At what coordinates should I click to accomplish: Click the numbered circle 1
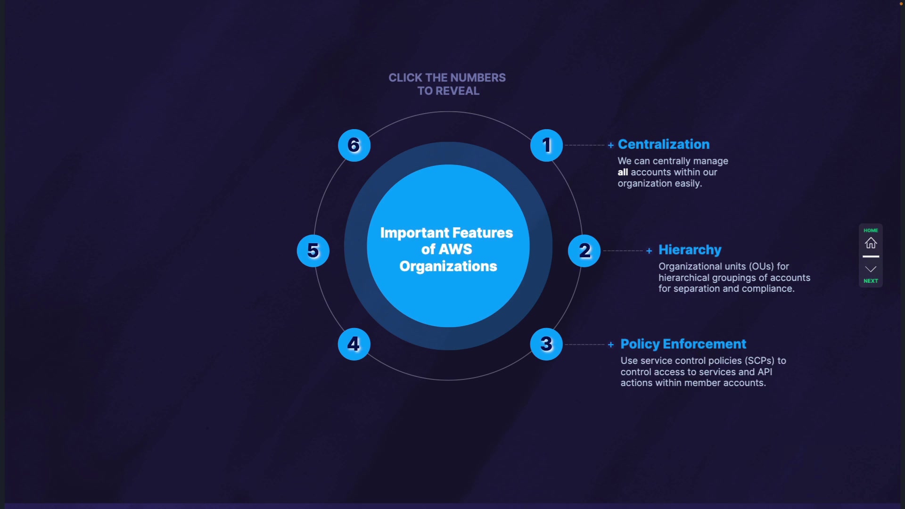click(x=546, y=145)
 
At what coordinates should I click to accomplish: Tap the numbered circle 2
click(x=584, y=251)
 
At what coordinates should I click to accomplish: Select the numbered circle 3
click(x=546, y=344)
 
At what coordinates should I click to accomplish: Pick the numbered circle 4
click(x=354, y=344)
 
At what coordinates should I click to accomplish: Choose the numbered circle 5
click(x=313, y=251)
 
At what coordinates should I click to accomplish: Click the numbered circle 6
click(x=354, y=145)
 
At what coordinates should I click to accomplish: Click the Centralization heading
click(x=664, y=144)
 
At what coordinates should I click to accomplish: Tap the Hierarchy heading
click(x=690, y=250)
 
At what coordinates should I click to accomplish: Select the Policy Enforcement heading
click(x=683, y=344)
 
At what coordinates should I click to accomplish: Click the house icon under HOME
click(x=871, y=243)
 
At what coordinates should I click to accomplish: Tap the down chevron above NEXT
click(x=871, y=269)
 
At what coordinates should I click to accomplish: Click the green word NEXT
click(x=871, y=281)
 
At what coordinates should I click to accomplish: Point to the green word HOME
click(x=871, y=230)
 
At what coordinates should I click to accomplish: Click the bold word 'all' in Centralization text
click(x=623, y=172)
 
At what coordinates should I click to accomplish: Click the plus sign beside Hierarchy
click(x=649, y=251)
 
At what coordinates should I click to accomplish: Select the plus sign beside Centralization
click(x=611, y=145)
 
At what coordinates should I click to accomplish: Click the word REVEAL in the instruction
click(x=457, y=91)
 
